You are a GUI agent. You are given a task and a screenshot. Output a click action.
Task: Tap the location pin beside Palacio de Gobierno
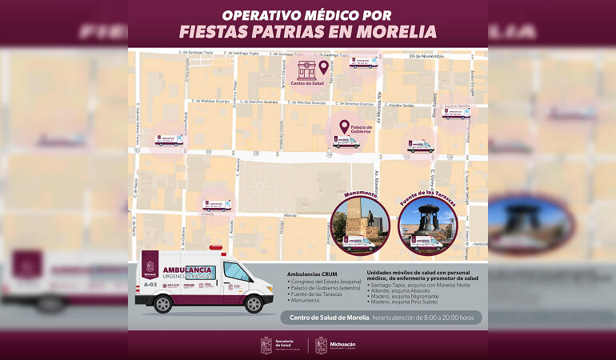click(344, 126)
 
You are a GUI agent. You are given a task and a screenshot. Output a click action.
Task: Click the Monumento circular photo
click(361, 225)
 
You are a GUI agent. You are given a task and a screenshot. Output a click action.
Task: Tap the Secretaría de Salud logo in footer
click(279, 345)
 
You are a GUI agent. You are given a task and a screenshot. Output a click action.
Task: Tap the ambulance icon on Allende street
click(216, 206)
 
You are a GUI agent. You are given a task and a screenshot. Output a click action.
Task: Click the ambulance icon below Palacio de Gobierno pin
click(346, 142)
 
